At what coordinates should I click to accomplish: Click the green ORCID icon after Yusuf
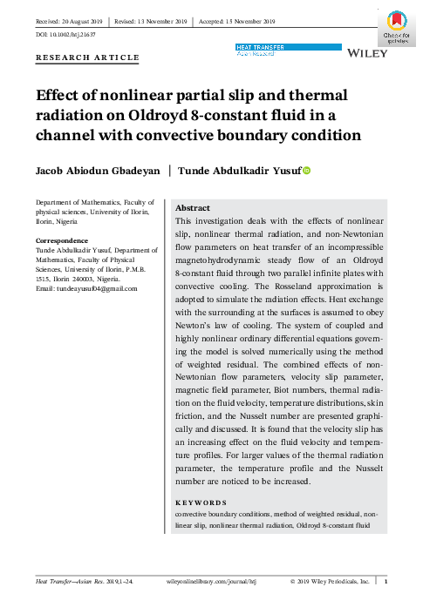[306, 172]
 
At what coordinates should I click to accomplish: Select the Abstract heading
[193, 209]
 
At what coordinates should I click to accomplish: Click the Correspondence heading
[61, 239]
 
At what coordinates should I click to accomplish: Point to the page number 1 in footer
[386, 581]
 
